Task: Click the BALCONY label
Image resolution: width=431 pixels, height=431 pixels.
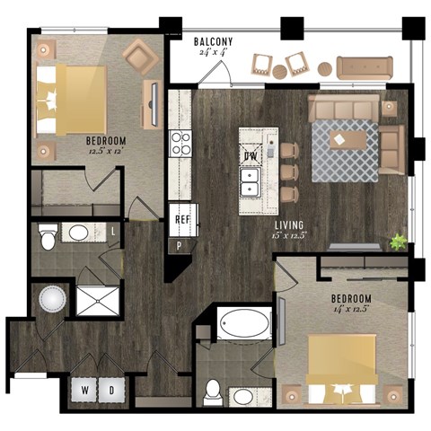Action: pyautogui.click(x=213, y=41)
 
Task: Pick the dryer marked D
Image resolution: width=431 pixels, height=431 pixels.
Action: pyautogui.click(x=111, y=390)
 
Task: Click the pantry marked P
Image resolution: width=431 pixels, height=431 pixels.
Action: pyautogui.click(x=179, y=245)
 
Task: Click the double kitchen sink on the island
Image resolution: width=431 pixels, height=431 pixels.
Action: pyautogui.click(x=251, y=183)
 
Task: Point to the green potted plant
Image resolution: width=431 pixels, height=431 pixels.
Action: pyautogui.click(x=397, y=241)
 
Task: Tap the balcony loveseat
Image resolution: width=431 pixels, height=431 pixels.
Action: pyautogui.click(x=364, y=66)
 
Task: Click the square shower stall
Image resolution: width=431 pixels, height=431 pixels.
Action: pyautogui.click(x=97, y=298)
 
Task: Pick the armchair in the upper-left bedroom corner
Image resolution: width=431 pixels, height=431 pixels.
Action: pyautogui.click(x=140, y=55)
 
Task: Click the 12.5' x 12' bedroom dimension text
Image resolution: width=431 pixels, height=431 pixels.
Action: pyautogui.click(x=106, y=152)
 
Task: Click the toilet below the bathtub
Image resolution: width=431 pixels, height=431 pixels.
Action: pyautogui.click(x=214, y=391)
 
